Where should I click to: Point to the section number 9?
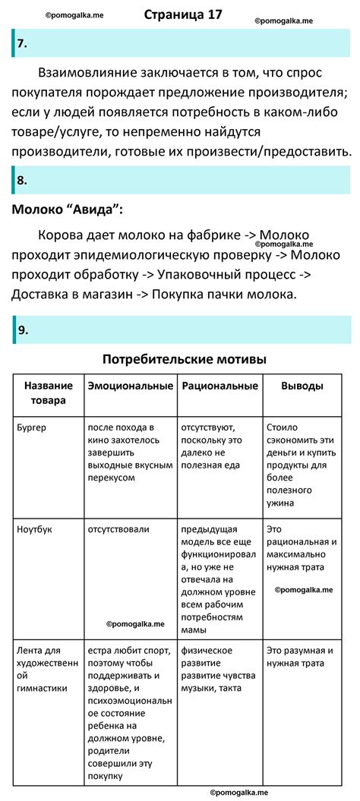click(x=24, y=330)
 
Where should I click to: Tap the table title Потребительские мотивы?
click(x=184, y=358)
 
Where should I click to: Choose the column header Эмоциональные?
click(x=130, y=386)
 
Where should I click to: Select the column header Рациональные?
click(x=220, y=386)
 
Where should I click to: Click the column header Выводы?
click(x=302, y=386)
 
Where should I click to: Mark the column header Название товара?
click(x=49, y=393)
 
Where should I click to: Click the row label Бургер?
click(x=32, y=428)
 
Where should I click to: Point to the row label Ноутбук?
click(x=34, y=529)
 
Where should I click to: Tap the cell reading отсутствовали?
click(x=118, y=529)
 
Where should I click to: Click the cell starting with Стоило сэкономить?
click(x=302, y=465)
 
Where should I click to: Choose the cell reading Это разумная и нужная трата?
click(x=302, y=658)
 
